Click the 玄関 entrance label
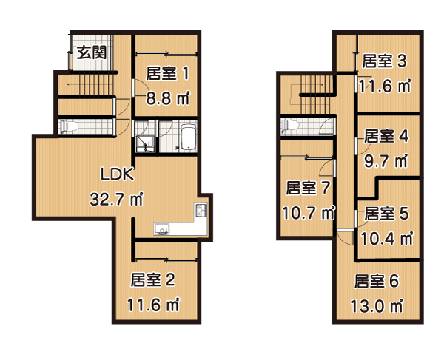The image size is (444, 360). point(92,52)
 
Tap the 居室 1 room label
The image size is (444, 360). point(167,73)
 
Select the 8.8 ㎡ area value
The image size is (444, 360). point(168,98)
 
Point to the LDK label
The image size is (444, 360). point(117,174)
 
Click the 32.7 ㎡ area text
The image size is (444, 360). point(116,199)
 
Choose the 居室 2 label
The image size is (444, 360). point(153,279)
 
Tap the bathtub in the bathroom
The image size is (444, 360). point(188,137)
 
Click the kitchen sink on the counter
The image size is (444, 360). point(161,228)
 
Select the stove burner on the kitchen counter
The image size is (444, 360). point(201,210)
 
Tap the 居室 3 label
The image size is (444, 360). point(384,61)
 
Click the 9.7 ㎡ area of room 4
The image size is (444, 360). point(386,161)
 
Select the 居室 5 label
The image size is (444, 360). point(386,214)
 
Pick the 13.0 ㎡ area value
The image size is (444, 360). point(377,306)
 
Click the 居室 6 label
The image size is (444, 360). point(377,281)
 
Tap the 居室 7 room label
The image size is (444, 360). point(308,188)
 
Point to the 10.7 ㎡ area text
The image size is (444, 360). point(309,212)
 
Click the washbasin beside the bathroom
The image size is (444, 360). point(145,143)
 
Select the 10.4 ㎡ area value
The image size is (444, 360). point(387,238)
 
